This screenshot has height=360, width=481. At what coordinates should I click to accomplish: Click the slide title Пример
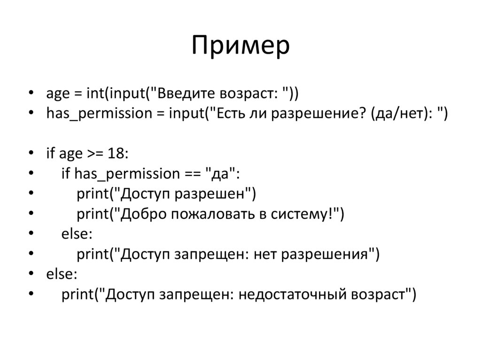(240, 46)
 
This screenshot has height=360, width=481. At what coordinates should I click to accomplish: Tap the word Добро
(144, 214)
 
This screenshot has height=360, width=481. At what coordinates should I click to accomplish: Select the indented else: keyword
(77, 234)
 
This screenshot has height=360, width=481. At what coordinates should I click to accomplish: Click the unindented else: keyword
(61, 275)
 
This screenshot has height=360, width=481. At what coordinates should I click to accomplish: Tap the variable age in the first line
(57, 94)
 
